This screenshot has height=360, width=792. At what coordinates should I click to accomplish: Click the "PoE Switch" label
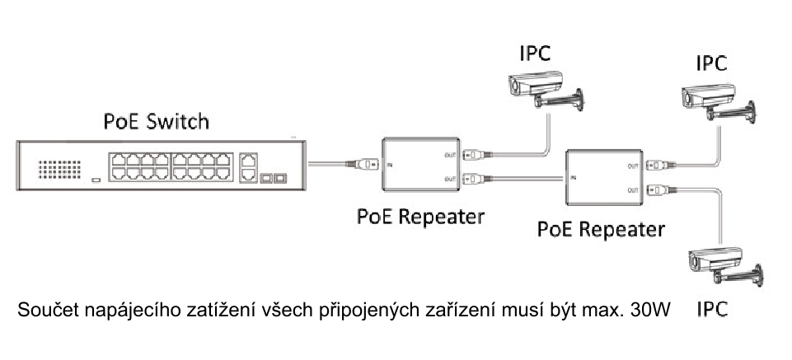click(156, 121)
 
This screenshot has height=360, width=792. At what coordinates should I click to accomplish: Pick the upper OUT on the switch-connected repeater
click(450, 152)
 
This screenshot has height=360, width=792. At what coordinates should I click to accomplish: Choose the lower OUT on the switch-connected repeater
click(450, 177)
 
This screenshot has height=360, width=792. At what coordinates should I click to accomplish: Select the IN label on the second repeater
click(572, 177)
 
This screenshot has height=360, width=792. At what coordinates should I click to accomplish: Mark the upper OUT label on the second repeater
click(632, 166)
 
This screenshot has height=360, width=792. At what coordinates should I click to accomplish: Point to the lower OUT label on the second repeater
click(632, 189)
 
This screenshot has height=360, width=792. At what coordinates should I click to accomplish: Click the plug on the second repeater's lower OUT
click(658, 189)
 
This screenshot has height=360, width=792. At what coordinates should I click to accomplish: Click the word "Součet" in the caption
click(47, 311)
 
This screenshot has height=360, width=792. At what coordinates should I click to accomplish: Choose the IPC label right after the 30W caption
click(712, 311)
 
